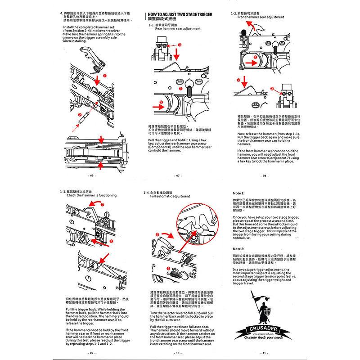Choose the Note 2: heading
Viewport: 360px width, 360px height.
pyautogui.click(x=238, y=248)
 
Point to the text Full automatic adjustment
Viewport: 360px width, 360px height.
pyautogui.click(x=170, y=197)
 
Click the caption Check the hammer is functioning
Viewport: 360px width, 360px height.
pyautogui.click(x=91, y=195)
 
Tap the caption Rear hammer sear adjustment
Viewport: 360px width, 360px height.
pyautogui.click(x=181, y=28)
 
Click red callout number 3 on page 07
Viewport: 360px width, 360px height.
pyautogui.click(x=180, y=45)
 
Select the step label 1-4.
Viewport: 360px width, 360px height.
pyautogui.click(x=146, y=193)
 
